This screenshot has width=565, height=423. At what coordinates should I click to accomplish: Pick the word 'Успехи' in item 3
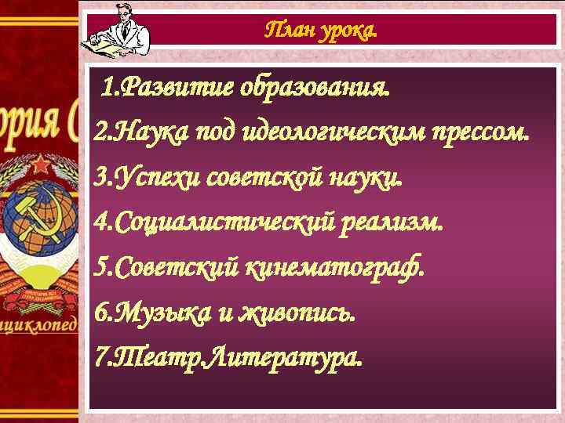[158, 178]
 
